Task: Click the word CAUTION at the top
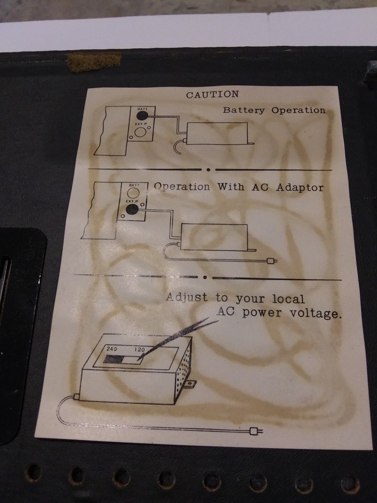213,95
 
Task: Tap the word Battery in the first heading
244,110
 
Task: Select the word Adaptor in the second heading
300,187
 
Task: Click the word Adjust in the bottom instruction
187,297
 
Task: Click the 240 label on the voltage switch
112,349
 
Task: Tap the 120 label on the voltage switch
139,350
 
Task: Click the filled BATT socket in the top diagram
142,116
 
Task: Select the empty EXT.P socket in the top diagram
140,132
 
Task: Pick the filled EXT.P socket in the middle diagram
132,209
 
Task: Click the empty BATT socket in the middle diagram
133,193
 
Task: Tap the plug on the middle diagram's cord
272,261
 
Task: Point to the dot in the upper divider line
209,170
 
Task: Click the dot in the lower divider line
205,278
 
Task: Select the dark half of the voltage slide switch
113,359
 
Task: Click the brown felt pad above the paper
95,61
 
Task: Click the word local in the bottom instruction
288,299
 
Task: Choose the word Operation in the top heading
299,111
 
